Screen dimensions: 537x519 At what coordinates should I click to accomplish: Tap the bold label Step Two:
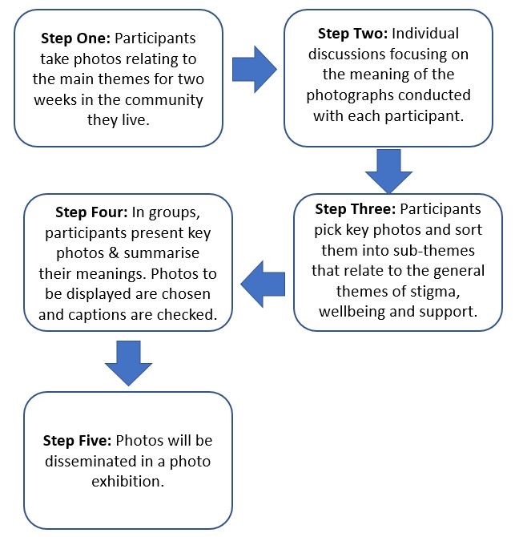(x=353, y=34)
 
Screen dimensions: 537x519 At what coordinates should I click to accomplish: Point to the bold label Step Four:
(x=88, y=212)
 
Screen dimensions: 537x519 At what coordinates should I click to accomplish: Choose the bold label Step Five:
(x=77, y=442)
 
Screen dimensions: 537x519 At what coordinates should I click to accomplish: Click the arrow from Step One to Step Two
(x=254, y=69)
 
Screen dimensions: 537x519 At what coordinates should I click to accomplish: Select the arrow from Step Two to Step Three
(x=388, y=171)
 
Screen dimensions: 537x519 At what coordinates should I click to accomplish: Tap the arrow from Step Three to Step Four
(x=263, y=283)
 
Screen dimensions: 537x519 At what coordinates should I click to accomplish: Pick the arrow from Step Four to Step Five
(x=128, y=361)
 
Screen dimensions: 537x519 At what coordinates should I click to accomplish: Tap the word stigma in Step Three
(x=452, y=290)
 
